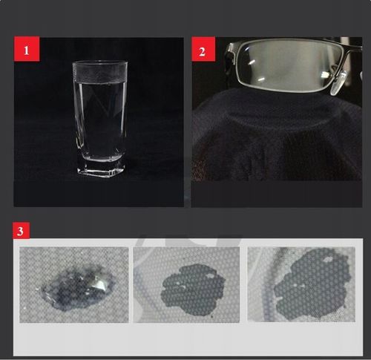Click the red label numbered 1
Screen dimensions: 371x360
click(27, 49)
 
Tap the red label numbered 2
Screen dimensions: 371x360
click(203, 49)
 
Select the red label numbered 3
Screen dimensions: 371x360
click(22, 231)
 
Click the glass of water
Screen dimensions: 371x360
click(100, 119)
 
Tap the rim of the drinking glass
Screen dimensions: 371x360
click(100, 63)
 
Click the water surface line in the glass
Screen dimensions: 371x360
click(100, 82)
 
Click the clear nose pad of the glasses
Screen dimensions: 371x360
click(338, 83)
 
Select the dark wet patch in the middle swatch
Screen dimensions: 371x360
click(193, 289)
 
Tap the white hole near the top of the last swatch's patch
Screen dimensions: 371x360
click(328, 259)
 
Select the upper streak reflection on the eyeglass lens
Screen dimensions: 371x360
click(252, 62)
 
